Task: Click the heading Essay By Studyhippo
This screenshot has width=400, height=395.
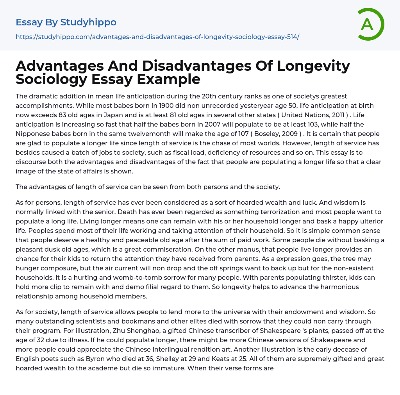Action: pos(66,22)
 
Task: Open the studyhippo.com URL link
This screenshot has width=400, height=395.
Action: pos(157,37)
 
